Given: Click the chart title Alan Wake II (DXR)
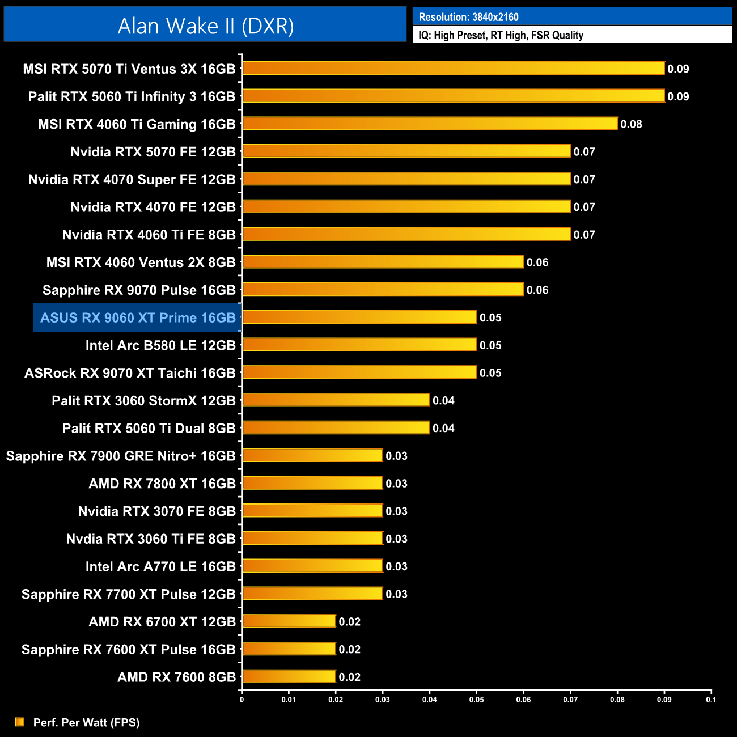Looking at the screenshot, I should [x=205, y=26].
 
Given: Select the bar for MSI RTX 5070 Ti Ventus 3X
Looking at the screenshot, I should [x=453, y=69].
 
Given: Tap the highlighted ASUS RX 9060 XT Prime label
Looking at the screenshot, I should [x=138, y=317].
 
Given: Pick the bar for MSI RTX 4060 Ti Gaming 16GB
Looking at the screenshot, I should [x=429, y=124].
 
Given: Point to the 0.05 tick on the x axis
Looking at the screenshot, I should [x=477, y=700].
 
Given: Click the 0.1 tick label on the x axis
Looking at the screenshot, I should [x=711, y=700].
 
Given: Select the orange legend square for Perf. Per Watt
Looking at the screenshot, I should [x=20, y=722].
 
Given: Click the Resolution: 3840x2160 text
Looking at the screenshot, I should [x=468, y=17].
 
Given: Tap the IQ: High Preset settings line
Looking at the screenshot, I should [x=501, y=35].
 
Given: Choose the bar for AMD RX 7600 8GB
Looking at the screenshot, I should [x=289, y=676].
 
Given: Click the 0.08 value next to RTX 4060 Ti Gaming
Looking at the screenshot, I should [x=631, y=124].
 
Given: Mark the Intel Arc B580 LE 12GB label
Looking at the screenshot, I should [x=160, y=345].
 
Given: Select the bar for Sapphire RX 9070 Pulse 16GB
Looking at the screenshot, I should [x=383, y=290].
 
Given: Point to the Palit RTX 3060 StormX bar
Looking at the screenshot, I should [x=336, y=400].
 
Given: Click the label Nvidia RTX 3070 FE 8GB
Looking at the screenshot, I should [x=156, y=511].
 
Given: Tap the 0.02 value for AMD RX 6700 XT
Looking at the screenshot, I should [x=349, y=622].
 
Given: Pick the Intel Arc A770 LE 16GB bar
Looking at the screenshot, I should [x=312, y=566].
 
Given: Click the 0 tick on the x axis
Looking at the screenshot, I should [x=242, y=700].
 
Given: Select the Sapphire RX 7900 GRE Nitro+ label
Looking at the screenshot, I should [x=121, y=456].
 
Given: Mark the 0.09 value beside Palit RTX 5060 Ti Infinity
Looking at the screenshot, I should [x=678, y=96].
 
